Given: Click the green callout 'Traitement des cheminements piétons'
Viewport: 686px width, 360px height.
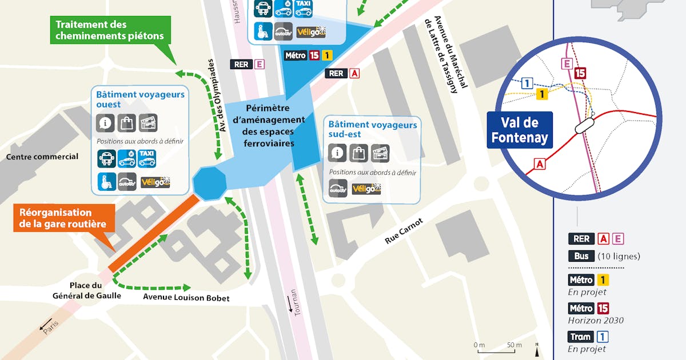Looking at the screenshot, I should (x=110, y=30).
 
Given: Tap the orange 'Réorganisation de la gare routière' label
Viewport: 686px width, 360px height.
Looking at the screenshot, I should (x=63, y=218).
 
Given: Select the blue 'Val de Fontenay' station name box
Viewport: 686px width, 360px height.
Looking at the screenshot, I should (x=520, y=130).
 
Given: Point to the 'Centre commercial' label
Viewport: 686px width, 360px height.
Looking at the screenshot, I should (x=42, y=157).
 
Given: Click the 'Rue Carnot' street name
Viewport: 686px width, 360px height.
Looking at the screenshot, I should (x=404, y=230).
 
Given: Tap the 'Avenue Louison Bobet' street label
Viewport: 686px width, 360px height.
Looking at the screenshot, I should (x=186, y=298).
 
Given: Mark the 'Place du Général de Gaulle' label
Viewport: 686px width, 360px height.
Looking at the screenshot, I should (x=86, y=290).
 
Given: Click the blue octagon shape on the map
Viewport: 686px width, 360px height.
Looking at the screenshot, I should (x=210, y=183).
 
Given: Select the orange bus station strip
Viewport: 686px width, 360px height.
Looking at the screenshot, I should (x=154, y=234).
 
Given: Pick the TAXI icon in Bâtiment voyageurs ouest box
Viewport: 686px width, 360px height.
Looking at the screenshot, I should (x=147, y=158).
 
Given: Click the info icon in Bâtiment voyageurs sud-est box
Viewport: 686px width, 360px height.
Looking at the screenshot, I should (x=338, y=153).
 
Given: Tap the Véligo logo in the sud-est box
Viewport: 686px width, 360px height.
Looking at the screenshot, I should (x=366, y=188).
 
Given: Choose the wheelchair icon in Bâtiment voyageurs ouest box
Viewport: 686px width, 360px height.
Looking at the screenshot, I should (x=107, y=182).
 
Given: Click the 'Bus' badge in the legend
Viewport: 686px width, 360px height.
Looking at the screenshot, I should (x=581, y=256).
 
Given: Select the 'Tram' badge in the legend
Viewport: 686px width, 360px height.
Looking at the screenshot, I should (x=581, y=337).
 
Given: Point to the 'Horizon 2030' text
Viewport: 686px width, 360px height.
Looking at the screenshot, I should (x=595, y=321).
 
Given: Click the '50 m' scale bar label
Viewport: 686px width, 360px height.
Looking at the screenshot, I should (x=513, y=345).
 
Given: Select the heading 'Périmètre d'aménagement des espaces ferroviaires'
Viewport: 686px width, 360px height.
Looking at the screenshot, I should (x=275, y=126).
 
